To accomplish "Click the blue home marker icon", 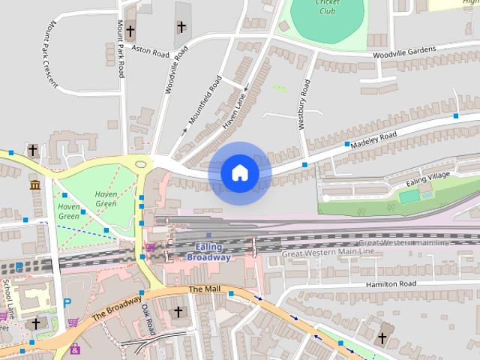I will [x=240, y=173].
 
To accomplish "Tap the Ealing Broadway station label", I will [x=208, y=252].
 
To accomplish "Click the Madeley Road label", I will [x=373, y=137].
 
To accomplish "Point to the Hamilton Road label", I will [x=390, y=284].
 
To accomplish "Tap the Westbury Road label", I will [x=304, y=105].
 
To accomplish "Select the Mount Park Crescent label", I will [x=42, y=53].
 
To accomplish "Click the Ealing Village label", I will [x=428, y=179].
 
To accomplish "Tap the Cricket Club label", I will [x=327, y=7].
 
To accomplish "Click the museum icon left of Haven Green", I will [x=34, y=184].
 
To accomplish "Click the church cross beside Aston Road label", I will [x=131, y=31].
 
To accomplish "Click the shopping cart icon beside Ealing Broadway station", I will [x=151, y=246].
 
